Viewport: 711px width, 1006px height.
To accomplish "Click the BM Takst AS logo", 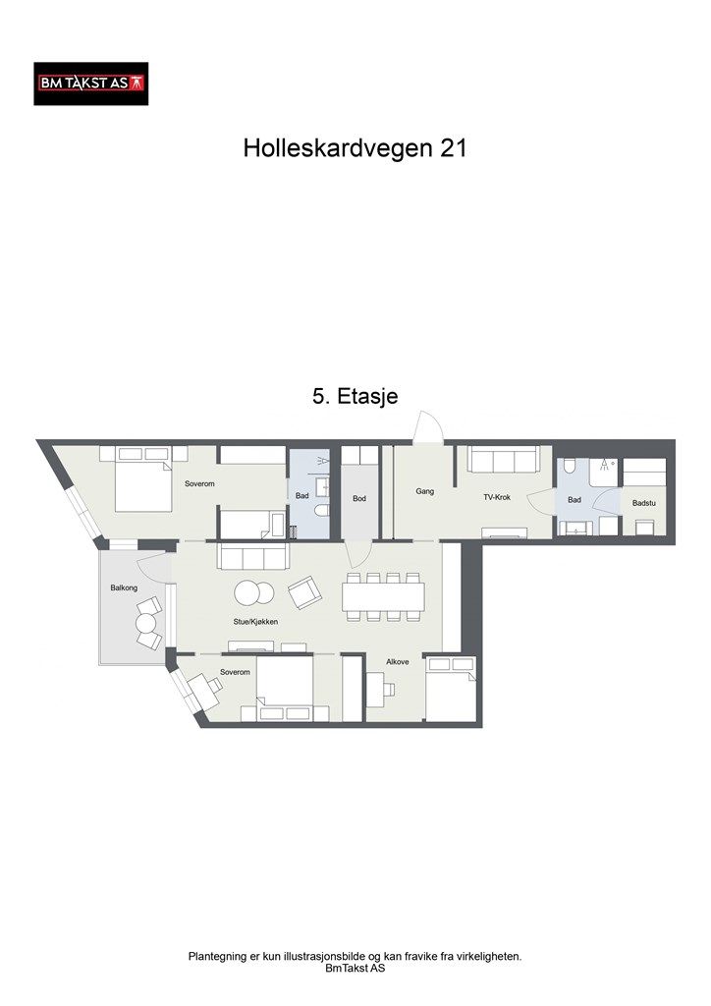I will tap(90, 84).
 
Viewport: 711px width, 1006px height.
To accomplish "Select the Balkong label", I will tap(124, 588).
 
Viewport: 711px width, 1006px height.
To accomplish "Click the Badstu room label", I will tap(644, 503).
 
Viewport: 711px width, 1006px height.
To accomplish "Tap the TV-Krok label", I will tap(497, 497).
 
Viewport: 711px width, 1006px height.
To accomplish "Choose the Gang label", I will tap(425, 491).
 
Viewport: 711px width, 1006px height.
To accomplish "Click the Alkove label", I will tap(398, 662).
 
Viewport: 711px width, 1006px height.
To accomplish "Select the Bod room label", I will tap(359, 499).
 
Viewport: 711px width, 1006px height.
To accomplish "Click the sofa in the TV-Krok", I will tap(503, 459).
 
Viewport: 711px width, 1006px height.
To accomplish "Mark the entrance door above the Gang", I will tap(427, 428).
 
